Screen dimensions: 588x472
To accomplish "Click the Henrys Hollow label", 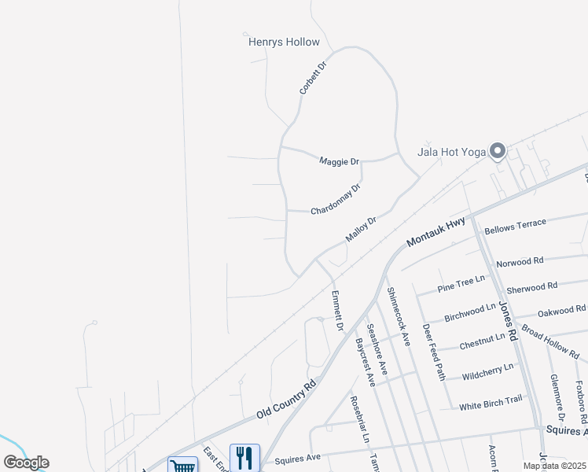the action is click(284, 42).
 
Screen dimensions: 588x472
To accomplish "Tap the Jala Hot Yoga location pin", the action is click(497, 151).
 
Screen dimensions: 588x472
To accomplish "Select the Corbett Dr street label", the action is click(312, 76).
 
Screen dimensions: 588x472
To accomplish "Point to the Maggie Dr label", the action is click(339, 161).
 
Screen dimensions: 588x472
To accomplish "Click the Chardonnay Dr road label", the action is click(336, 200).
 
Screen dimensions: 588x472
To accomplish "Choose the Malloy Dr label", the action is click(361, 230).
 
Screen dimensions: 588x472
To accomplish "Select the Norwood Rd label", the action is click(520, 260).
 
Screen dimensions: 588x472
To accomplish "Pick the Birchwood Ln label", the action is click(470, 312).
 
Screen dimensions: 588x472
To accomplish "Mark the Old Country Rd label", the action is click(285, 399).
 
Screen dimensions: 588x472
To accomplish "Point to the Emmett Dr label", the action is click(338, 311).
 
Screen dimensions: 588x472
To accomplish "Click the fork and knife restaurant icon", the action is click(244, 457).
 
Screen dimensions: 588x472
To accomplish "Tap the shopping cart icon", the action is click(182, 466).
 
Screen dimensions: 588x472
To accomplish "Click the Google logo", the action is click(26, 463).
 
